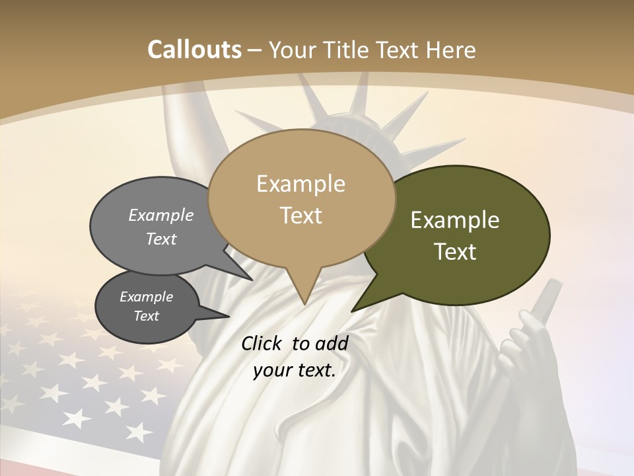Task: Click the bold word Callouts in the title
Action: pos(194,50)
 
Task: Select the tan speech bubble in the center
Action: pos(301,198)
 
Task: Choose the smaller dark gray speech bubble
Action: pos(146,307)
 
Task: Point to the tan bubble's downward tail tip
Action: pos(304,303)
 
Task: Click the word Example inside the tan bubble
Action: pos(300,184)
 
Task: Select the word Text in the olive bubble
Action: pos(455,252)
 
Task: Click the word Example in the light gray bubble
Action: pos(161,216)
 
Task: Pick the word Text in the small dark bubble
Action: pos(146,316)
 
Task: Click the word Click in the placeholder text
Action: pos(262,343)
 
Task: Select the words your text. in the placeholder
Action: pos(295,370)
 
